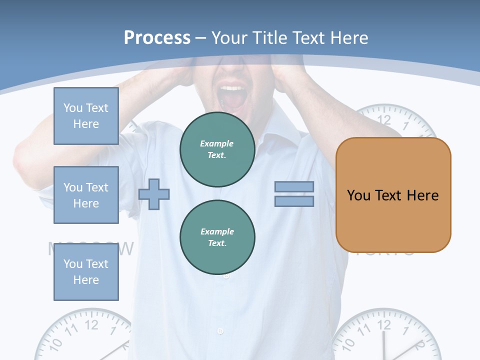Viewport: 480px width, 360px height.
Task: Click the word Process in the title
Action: pos(157,38)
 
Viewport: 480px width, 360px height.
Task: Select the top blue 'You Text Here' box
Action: pos(86,116)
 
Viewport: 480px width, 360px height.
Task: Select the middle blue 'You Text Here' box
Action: pos(86,195)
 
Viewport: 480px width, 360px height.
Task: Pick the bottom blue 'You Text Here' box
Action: pos(86,271)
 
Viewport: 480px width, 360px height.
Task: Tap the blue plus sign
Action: pos(154,194)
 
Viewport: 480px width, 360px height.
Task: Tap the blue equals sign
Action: pos(294,194)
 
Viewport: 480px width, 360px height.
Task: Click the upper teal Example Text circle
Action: pos(217,149)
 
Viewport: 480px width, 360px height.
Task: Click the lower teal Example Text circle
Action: pos(217,237)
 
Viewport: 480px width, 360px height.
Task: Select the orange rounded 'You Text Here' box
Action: pos(393,195)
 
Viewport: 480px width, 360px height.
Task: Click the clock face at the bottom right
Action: pos(385,337)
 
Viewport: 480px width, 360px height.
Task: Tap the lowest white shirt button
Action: pos(220,330)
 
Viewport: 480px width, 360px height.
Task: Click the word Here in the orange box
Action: pos(422,195)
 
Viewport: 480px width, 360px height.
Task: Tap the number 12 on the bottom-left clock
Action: pos(91,325)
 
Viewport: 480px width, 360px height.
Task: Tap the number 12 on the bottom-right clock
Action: pos(383,325)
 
